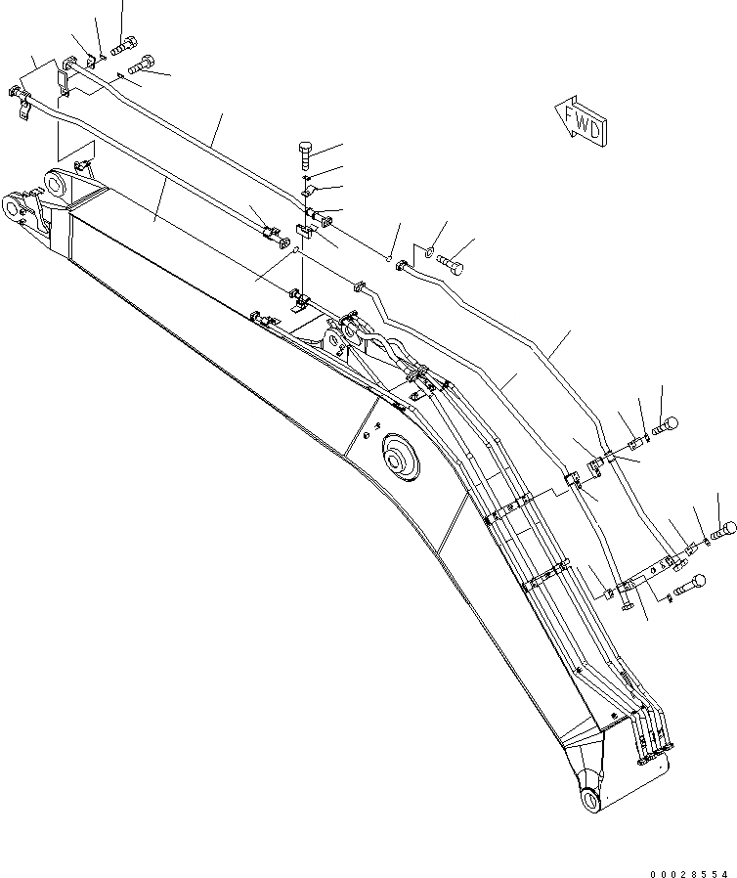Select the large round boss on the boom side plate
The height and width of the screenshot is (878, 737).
pos(400,456)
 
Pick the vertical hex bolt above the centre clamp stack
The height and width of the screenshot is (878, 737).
pos(304,154)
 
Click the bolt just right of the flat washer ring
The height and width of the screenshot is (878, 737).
pos(453,262)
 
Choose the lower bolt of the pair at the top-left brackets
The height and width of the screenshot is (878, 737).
pos(139,65)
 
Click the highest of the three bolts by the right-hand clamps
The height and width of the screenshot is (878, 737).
pos(666,424)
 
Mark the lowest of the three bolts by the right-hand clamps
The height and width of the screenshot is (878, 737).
pos(690,585)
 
